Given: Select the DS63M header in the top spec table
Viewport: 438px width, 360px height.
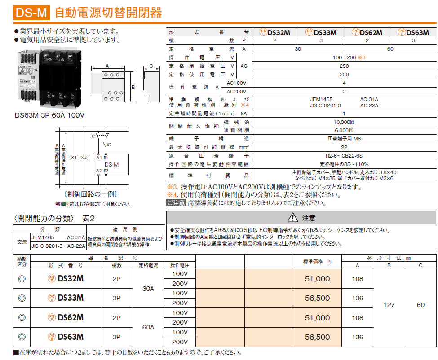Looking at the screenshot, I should point(413,32).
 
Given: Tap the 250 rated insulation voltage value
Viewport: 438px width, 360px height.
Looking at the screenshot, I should point(344,66).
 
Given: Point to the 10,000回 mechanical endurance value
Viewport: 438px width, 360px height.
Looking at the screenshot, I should point(344,122).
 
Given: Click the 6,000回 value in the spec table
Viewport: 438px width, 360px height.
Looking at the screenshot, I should point(344,130).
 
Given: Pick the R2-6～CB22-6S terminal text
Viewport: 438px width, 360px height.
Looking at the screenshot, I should point(344,156).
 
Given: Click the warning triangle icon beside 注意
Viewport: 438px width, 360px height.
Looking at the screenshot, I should point(292,218).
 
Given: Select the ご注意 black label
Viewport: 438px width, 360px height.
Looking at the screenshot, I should point(176,203).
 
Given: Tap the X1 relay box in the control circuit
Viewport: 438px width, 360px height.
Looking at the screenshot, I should point(74,157).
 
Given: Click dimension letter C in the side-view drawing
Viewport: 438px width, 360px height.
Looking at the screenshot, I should point(151,66).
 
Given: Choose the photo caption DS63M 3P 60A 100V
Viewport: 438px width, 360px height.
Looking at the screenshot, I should point(50,115).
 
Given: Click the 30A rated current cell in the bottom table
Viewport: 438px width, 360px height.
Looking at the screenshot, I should point(148,289).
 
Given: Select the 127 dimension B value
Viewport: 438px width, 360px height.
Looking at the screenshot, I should point(389,305).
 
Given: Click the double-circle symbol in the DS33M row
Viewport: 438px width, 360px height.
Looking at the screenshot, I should point(22,298).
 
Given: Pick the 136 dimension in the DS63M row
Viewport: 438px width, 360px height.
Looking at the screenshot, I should point(358,337).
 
